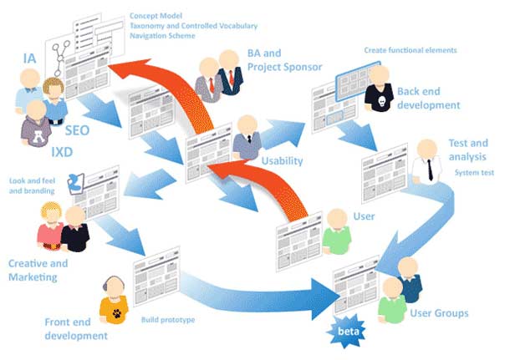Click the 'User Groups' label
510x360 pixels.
point(439,314)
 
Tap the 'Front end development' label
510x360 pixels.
point(76,329)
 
